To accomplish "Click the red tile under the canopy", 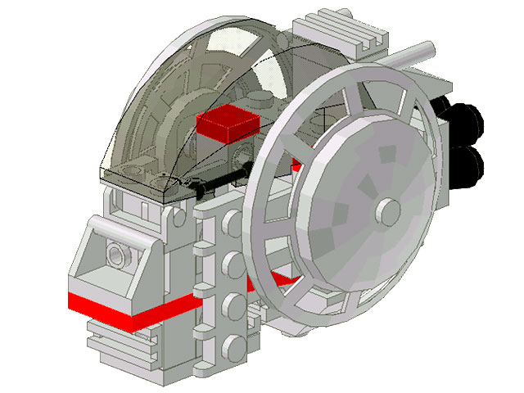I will [x=228, y=124].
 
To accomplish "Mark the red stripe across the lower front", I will [x=131, y=309].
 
